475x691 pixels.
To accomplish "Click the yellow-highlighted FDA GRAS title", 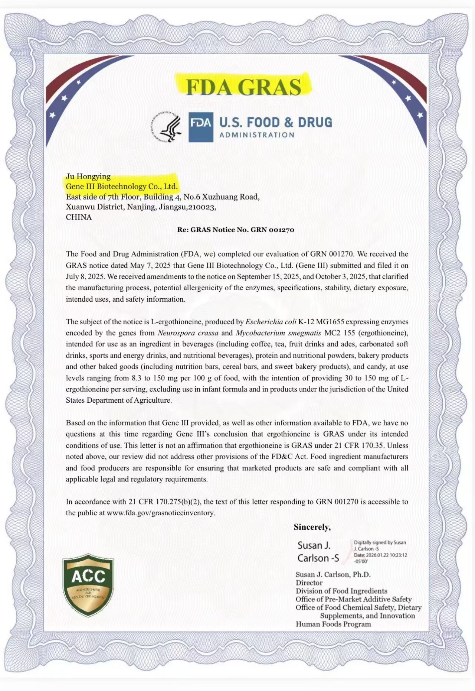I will pos(243,87).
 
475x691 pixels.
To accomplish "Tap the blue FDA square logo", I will pos(201,127).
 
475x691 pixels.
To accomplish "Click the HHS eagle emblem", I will pos(167,127).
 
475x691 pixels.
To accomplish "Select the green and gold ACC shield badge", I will pos(88,585).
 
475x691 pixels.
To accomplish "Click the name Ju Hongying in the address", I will pos(88,176).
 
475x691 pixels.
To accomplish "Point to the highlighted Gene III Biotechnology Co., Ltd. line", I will pos(122,186).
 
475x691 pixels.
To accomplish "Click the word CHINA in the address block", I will pos(79,217).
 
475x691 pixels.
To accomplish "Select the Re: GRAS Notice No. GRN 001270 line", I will pos(236,230).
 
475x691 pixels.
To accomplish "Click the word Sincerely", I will pos(312,527).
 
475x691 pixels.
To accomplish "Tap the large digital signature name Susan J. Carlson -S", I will pos(318,552).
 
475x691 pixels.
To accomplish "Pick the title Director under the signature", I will pos(309,583).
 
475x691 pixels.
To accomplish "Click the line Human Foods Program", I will pos(333,624).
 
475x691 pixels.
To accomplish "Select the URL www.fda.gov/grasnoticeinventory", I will pos(161,513).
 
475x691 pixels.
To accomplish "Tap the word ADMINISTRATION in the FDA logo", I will pos(257,135).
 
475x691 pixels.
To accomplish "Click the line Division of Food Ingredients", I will pos(341,591).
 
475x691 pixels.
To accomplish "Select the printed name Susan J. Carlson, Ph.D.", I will pos(333,574).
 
